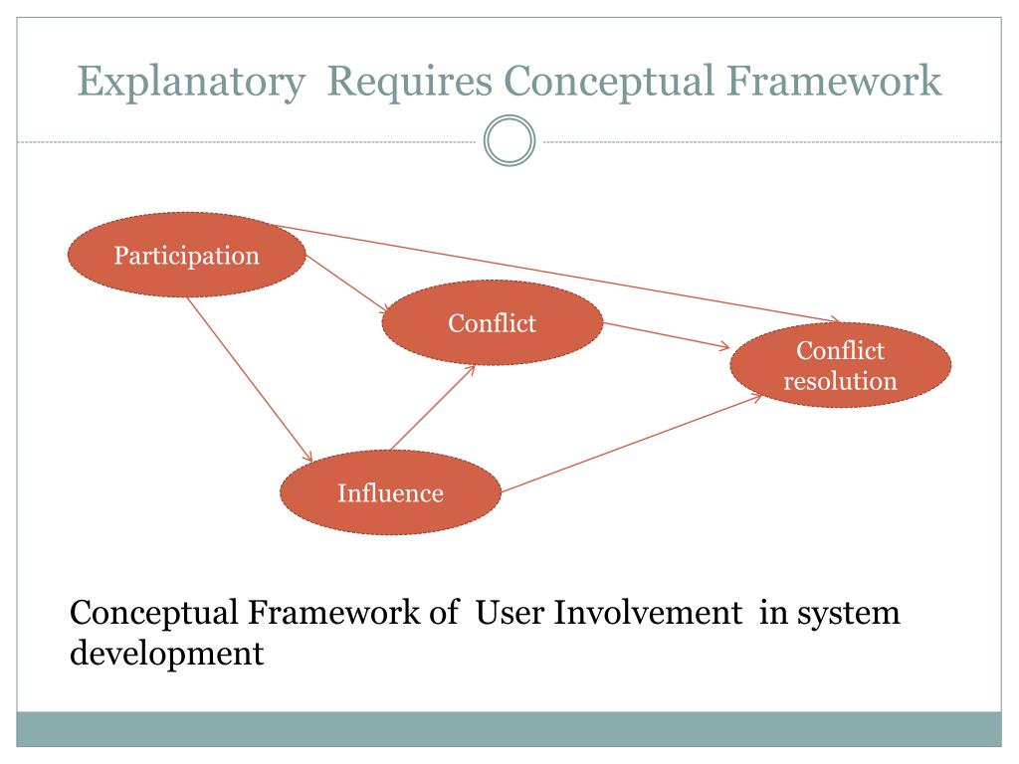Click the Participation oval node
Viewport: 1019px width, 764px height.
point(186,256)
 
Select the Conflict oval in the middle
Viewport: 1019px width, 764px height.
point(492,323)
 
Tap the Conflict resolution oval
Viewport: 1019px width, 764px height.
point(840,365)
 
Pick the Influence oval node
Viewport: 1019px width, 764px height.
point(390,493)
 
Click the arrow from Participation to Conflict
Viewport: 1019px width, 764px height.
point(344,286)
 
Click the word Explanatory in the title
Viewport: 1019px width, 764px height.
point(191,82)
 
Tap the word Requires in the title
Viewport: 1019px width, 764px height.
point(410,82)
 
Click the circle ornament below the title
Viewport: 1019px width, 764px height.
point(509,141)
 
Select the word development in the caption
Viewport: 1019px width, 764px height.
point(167,655)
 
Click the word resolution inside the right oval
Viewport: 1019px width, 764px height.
point(840,380)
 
